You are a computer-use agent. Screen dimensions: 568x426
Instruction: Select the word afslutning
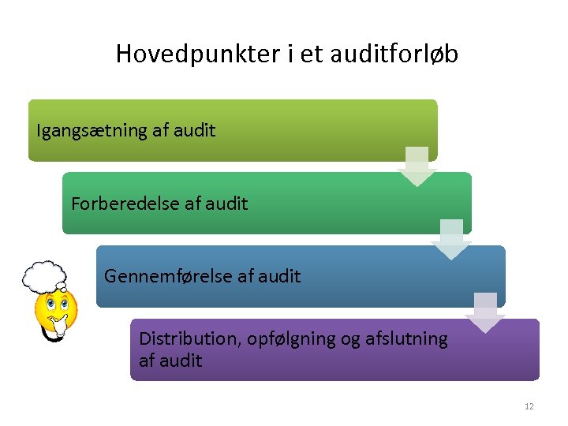407,339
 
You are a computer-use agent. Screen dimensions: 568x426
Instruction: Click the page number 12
529,406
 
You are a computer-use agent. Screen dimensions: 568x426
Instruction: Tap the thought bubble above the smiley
44,276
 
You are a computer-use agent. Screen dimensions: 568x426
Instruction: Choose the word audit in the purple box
181,361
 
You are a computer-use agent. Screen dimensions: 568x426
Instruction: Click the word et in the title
282,54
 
